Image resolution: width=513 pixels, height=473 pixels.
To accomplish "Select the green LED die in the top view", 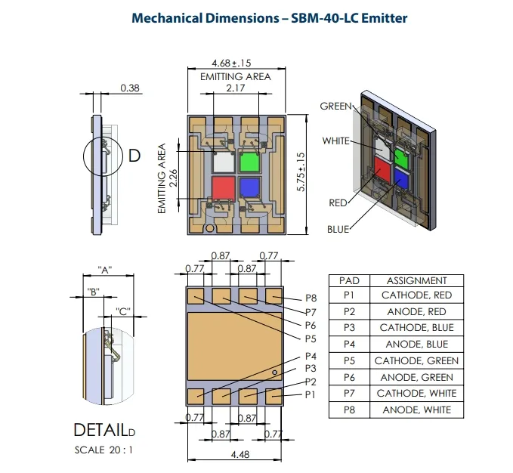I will coord(249,162).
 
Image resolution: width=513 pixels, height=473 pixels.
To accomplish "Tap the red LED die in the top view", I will coord(224,186).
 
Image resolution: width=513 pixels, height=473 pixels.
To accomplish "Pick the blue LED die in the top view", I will coord(249,186).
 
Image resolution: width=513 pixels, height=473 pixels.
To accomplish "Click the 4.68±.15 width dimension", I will coord(235,63).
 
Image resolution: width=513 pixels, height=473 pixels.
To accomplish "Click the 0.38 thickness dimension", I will coord(131,88).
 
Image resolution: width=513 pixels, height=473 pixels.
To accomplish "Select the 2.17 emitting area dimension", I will coord(235,88).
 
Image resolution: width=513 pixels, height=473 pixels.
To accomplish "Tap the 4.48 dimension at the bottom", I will coord(235,454).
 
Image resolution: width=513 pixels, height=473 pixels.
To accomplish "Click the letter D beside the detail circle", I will coord(134,156).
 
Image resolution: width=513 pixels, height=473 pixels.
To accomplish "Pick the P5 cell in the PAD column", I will coord(349,361).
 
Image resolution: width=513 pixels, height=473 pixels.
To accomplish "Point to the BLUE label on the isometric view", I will coord(338,229).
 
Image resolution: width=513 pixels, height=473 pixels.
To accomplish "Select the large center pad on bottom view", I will coord(235,345).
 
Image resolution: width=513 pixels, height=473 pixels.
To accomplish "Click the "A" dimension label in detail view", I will coord(106,270).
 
